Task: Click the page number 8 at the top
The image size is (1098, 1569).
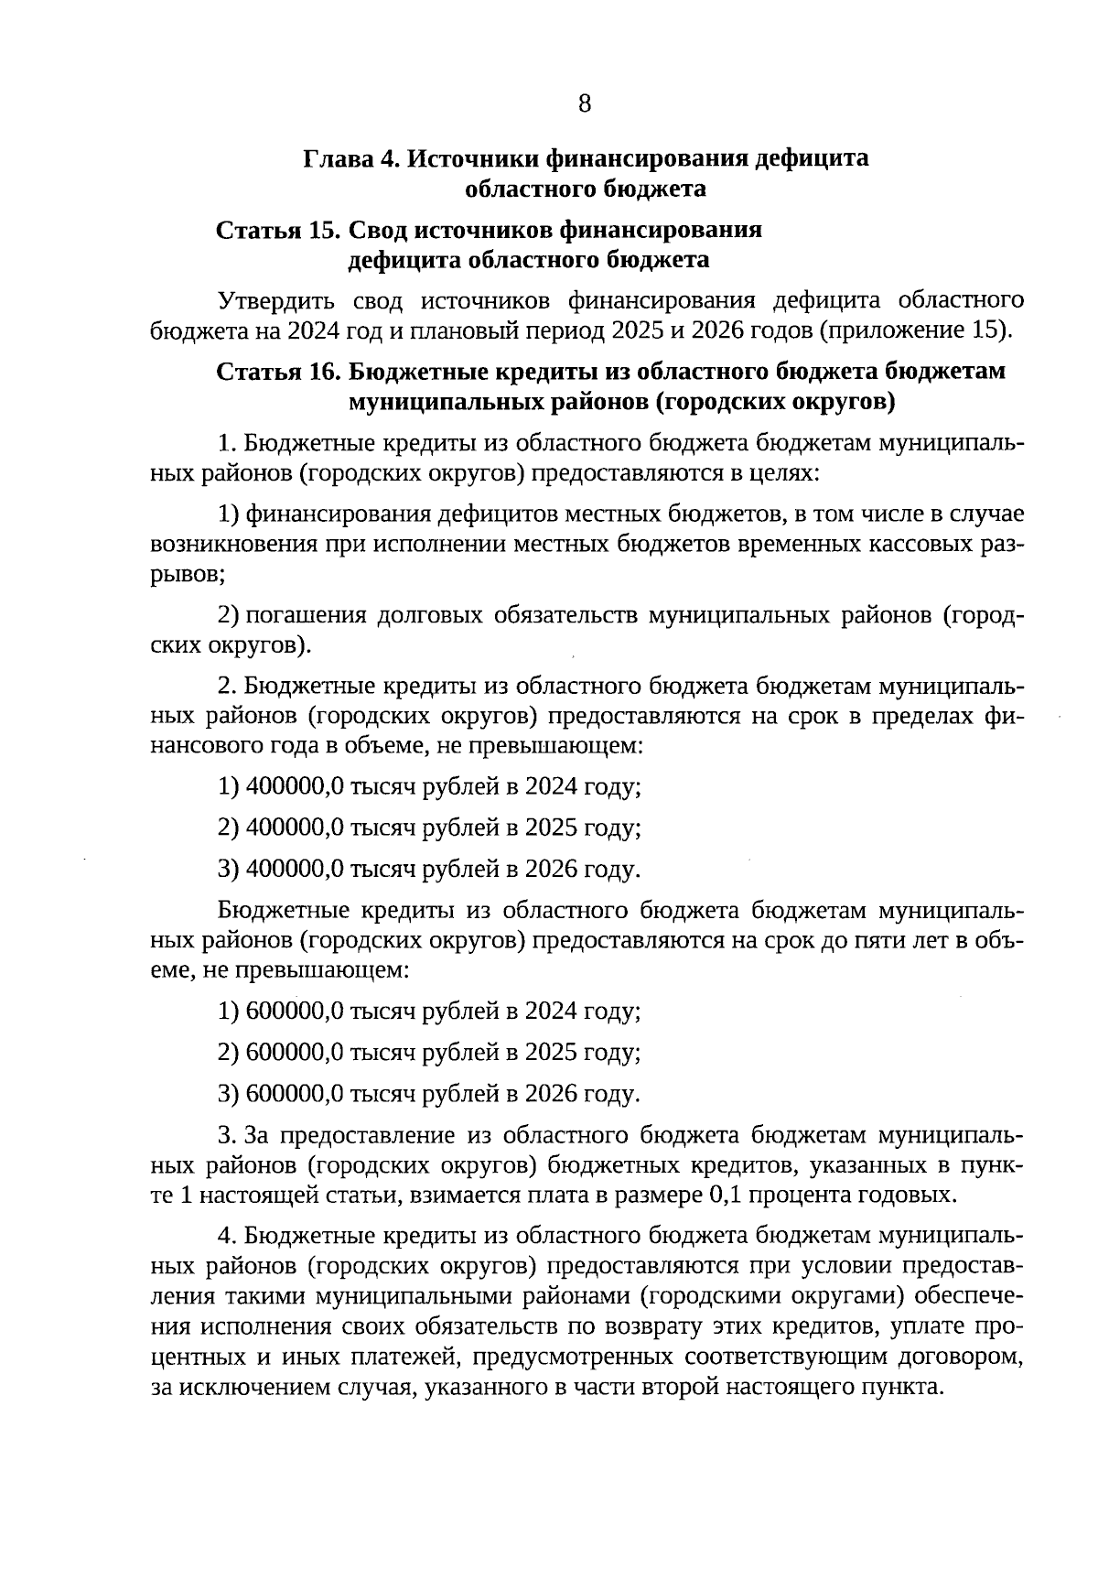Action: click(585, 103)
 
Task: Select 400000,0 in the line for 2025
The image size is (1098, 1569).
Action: click(295, 828)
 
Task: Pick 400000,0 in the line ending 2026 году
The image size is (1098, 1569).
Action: click(295, 870)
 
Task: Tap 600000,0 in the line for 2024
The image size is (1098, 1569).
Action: click(295, 1012)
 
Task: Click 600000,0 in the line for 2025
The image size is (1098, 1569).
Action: click(295, 1053)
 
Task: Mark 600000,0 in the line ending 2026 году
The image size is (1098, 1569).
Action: click(295, 1094)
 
